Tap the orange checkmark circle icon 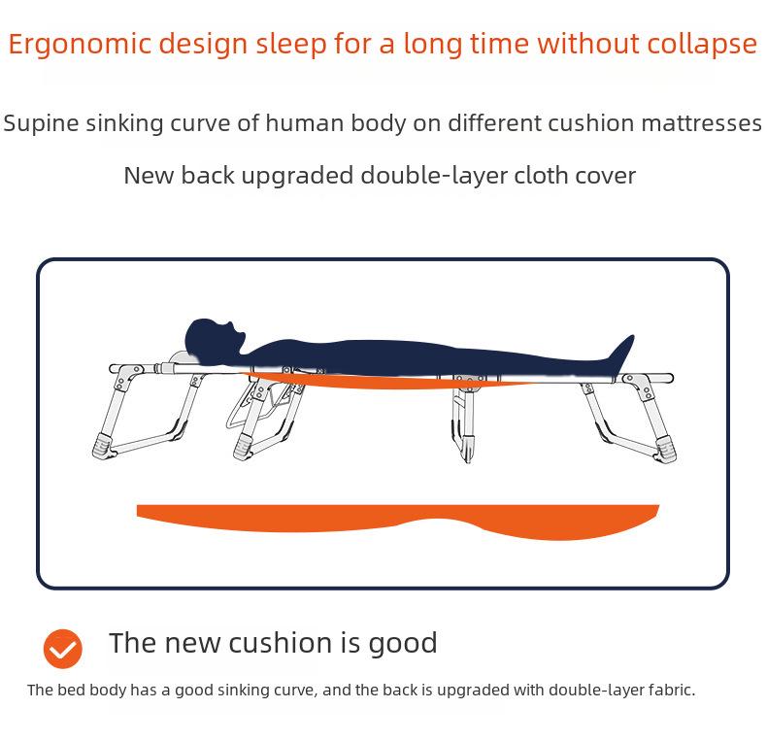click(63, 649)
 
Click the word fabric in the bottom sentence click(669, 691)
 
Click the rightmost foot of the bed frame click(667, 448)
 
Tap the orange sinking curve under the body click(388, 382)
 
